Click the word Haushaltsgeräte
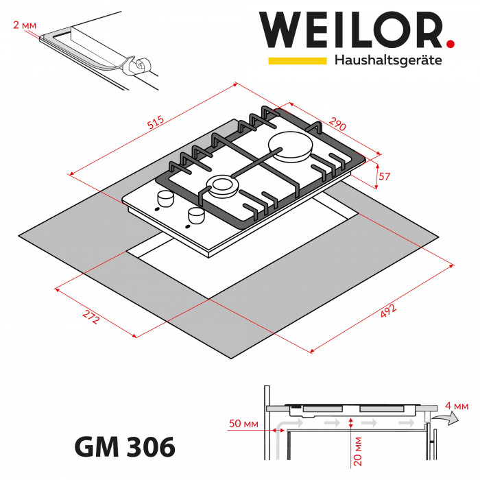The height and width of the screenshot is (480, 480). pos(387,60)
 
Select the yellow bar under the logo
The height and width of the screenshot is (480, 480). pos(297,61)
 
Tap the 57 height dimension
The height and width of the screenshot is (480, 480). pos(384,177)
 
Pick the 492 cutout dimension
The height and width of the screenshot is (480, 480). pos(386,313)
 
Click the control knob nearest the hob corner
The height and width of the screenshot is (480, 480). pos(195,216)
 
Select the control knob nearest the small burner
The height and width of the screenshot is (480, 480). pos(165,199)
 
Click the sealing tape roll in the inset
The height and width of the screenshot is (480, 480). pos(136,65)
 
